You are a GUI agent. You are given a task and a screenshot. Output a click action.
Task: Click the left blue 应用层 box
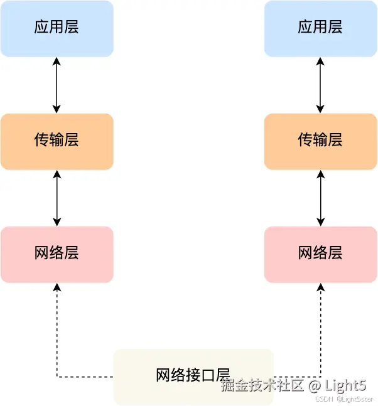tap(57, 28)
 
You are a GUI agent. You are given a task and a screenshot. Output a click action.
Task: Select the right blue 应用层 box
tap(320, 28)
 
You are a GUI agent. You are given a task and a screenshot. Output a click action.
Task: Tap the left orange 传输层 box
tap(57, 141)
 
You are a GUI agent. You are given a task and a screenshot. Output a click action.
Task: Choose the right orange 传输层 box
tap(320, 141)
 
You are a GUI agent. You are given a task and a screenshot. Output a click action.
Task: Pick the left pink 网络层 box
tap(57, 254)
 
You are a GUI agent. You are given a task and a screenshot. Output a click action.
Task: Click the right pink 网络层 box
tap(320, 254)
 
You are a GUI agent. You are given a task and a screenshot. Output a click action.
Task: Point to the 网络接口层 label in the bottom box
tap(188, 375)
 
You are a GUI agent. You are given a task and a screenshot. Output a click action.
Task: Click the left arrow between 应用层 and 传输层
tap(57, 85)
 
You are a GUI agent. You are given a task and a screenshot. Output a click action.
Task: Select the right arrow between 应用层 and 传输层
tap(321, 85)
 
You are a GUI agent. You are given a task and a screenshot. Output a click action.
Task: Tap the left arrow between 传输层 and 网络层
tap(57, 198)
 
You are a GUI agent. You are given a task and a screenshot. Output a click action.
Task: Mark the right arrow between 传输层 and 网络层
tap(321, 198)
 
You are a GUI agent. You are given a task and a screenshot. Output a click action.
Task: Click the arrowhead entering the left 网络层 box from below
tap(57, 287)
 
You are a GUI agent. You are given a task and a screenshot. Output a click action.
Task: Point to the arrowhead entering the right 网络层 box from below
tap(321, 287)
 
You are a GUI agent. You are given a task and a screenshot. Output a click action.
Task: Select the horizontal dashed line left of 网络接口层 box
tap(85, 377)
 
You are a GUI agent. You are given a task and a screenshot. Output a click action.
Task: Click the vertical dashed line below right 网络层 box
tap(321, 333)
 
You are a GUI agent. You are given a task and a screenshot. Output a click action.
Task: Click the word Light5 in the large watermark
tap(346, 385)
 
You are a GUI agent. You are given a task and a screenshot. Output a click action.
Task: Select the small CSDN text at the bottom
tap(323, 399)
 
